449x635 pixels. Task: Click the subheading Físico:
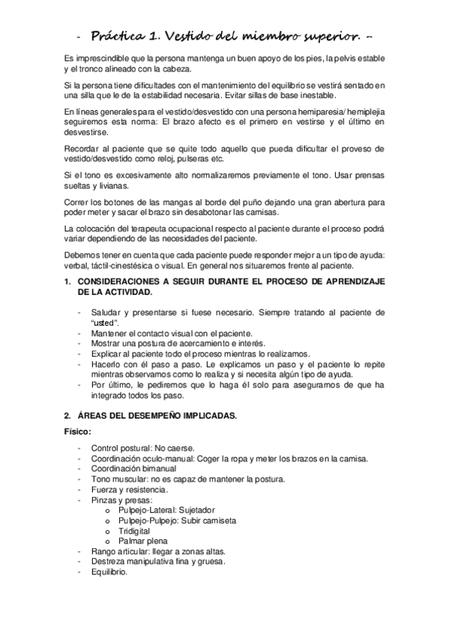coord(78,431)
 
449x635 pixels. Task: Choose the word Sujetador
coord(193,509)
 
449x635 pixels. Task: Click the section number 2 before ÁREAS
coord(67,415)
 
